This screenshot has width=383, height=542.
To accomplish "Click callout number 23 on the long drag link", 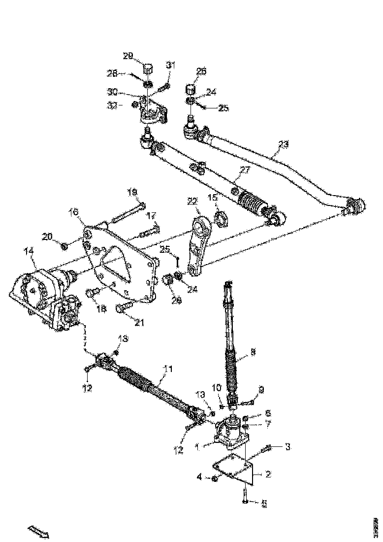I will [x=283, y=144].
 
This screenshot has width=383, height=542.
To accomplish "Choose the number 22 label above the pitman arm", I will [x=192, y=201].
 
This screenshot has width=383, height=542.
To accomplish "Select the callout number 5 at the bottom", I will [x=264, y=503].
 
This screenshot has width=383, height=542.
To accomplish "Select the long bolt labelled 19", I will [x=127, y=212].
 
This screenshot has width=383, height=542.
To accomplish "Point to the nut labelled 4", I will [x=215, y=478].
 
